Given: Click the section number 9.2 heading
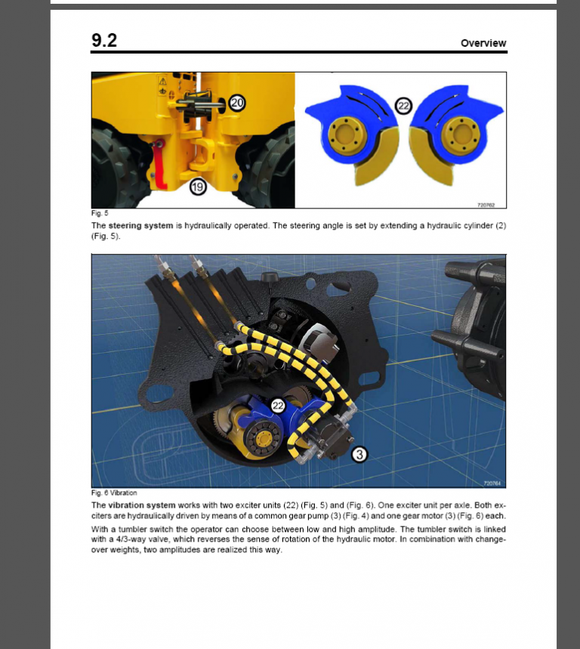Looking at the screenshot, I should (x=104, y=41).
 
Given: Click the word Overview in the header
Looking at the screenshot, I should (x=483, y=43).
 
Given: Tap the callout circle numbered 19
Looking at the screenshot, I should (x=198, y=186).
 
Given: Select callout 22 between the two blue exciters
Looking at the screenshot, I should (x=403, y=107).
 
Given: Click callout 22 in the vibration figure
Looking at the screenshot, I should (x=278, y=406).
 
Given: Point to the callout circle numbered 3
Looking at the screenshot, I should (x=359, y=454).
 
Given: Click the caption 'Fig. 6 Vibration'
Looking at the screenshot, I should (x=114, y=493).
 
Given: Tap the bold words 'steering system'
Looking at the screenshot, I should (x=140, y=225).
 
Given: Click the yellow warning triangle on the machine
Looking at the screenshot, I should (x=162, y=80).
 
